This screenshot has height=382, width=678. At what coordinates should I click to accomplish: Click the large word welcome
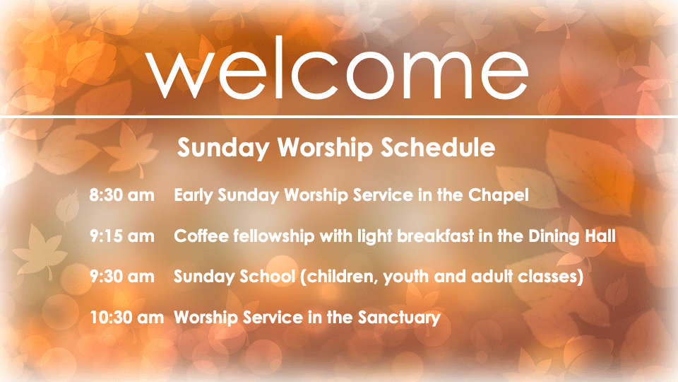click(338, 68)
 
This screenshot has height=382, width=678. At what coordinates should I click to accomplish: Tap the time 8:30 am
click(122, 195)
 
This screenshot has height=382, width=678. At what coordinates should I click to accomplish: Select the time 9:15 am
click(122, 236)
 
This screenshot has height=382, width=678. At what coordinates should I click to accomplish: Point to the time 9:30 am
click(122, 277)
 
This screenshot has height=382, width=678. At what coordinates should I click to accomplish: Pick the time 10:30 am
click(127, 318)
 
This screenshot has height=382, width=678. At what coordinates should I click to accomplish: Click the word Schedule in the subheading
click(438, 147)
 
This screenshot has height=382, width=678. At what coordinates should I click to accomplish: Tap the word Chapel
click(499, 196)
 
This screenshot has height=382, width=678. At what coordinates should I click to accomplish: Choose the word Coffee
click(201, 236)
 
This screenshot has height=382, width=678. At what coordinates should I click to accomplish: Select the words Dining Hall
click(572, 237)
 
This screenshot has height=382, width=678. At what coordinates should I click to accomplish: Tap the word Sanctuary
click(399, 318)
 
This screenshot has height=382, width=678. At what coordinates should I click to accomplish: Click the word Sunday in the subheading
click(222, 148)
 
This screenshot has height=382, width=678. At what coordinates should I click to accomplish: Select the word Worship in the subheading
click(325, 148)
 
